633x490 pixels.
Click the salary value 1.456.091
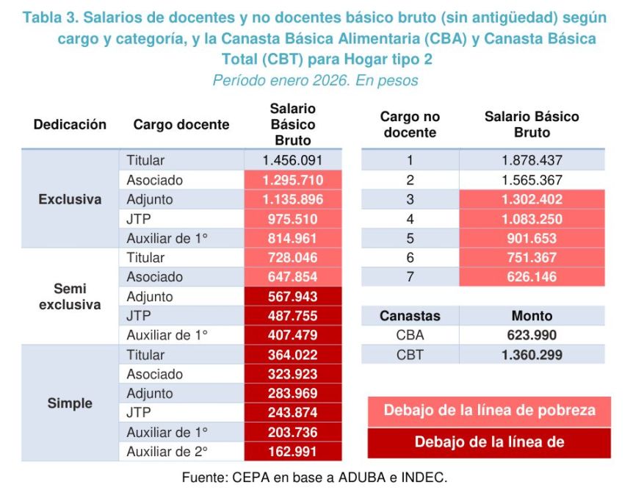(292, 160)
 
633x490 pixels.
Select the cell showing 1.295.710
(292, 180)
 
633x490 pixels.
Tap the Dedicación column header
(70, 125)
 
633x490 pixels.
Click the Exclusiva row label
(70, 199)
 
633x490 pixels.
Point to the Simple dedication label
(70, 403)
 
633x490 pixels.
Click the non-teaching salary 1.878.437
(532, 160)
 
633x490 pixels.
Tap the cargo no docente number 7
(410, 277)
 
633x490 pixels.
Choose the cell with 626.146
(532, 277)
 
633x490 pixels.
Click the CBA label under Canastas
(410, 335)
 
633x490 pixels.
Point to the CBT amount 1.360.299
(532, 355)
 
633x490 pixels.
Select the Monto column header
(532, 316)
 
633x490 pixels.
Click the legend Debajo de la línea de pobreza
(488, 410)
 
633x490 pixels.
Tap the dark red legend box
(488, 442)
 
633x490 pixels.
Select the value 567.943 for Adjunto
(292, 297)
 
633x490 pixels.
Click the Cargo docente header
(181, 125)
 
